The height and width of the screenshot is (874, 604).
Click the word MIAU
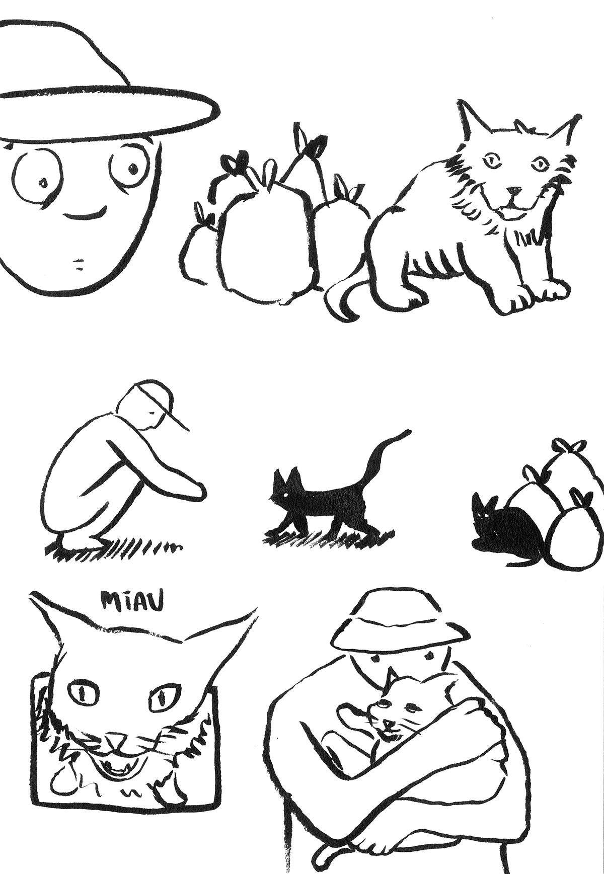click(x=133, y=603)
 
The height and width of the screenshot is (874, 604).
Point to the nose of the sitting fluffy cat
click(x=513, y=191)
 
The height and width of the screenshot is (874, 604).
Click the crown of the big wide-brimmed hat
click(x=65, y=55)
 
